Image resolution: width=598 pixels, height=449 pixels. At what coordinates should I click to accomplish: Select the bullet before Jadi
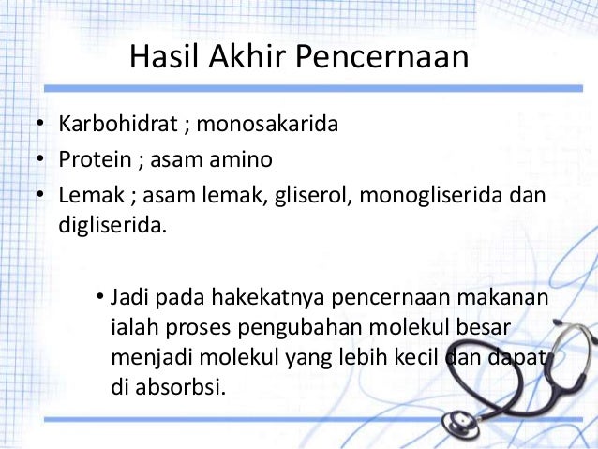(x=99, y=299)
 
